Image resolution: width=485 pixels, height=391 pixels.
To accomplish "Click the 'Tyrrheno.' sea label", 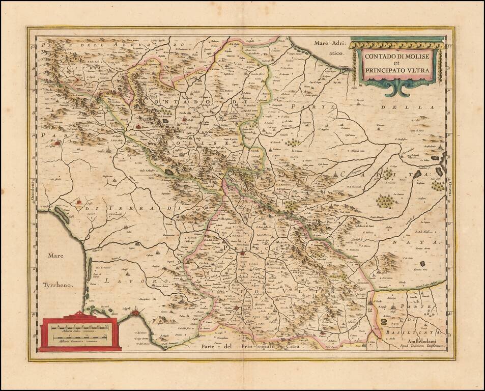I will pos(58,286).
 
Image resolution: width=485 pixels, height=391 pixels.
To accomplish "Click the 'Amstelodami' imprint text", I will pos(416,341).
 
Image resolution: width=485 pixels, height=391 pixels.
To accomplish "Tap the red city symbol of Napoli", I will pos(134,314).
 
